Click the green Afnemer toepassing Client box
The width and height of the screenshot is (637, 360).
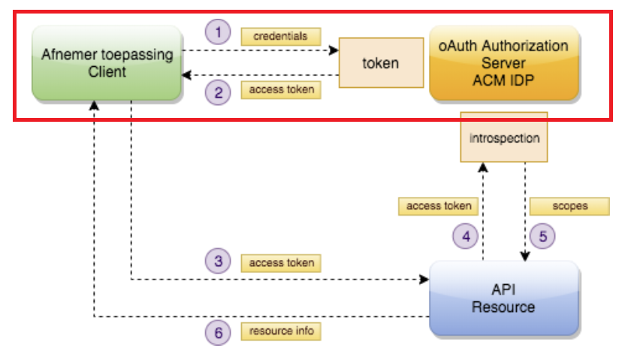click(x=106, y=63)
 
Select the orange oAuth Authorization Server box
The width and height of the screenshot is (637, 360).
click(x=503, y=63)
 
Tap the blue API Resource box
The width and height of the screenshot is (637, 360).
click(x=503, y=298)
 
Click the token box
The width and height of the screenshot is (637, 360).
click(x=381, y=63)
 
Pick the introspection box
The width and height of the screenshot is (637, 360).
click(x=503, y=139)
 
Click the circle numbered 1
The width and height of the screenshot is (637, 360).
click(x=219, y=32)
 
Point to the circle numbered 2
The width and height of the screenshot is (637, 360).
click(x=219, y=92)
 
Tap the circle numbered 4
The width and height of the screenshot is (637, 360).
click(x=465, y=236)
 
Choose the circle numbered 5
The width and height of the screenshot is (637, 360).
click(x=542, y=236)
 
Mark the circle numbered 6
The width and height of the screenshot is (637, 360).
click(x=219, y=334)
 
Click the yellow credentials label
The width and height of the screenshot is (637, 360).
click(x=280, y=36)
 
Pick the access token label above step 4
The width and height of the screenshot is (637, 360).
click(x=439, y=205)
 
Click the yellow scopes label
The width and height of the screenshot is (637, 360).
click(x=569, y=205)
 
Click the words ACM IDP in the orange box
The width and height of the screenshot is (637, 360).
click(x=503, y=80)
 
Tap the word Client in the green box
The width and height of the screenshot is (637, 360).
click(x=106, y=72)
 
